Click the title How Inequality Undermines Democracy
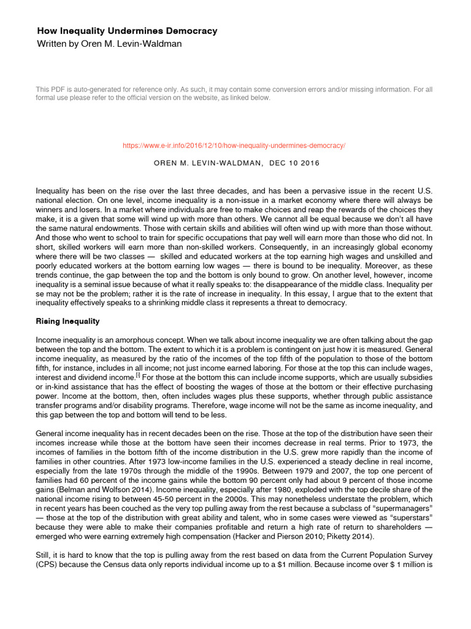[127, 31]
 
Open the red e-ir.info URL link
[234, 146]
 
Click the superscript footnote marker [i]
[138, 375]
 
